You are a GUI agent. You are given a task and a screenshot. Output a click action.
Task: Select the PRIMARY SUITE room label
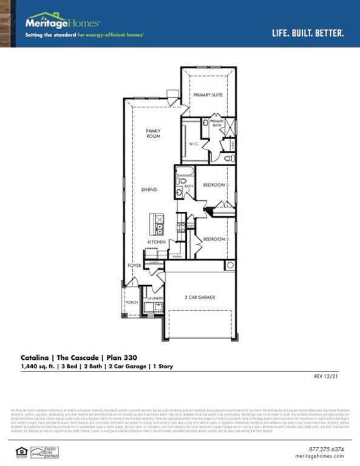pos(208,95)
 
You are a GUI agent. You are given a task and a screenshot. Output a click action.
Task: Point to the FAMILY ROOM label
pos(153,133)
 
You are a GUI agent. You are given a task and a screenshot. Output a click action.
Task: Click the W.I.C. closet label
pos(194,144)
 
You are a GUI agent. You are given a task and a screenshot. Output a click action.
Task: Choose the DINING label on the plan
pos(149,190)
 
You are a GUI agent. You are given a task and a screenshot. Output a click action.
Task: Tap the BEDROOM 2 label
pos(216,184)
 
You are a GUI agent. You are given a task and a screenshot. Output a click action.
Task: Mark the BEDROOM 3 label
pos(216,239)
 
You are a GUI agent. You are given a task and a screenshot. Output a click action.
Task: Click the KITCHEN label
pos(157,242)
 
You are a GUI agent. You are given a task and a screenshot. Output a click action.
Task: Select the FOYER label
pos(134,266)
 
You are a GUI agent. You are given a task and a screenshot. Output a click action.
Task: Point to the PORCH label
pos(131,302)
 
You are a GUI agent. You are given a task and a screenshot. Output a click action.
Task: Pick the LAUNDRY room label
pos(155,298)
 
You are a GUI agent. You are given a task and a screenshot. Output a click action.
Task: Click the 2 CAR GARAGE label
pos(200,297)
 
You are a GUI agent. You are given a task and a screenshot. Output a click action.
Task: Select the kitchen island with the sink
pos(158,225)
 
